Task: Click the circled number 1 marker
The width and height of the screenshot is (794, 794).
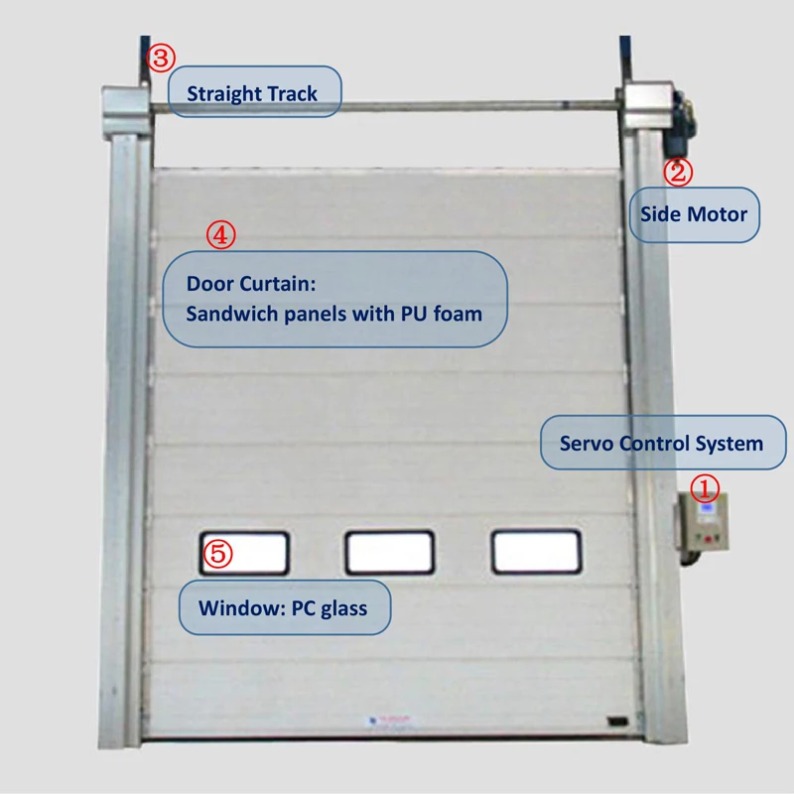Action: coord(704,487)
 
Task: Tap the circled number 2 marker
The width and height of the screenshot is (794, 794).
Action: coord(678,173)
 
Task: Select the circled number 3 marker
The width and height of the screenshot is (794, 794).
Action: coord(162,58)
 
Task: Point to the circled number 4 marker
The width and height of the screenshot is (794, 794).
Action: coord(220,235)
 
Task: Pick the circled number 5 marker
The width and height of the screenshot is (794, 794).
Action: coord(217,554)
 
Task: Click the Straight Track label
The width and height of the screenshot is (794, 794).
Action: coord(252,93)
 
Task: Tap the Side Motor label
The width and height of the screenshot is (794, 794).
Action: coord(694,213)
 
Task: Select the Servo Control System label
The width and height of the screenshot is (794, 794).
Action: coord(662,443)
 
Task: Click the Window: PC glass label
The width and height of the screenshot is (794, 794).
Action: coord(283,606)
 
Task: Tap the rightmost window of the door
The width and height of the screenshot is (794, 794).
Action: coord(536,552)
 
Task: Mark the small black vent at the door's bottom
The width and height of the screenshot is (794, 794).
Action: coord(618,719)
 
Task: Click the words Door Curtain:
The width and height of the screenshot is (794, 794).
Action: coord(250,284)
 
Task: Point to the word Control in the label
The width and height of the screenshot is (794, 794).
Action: coord(661,443)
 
